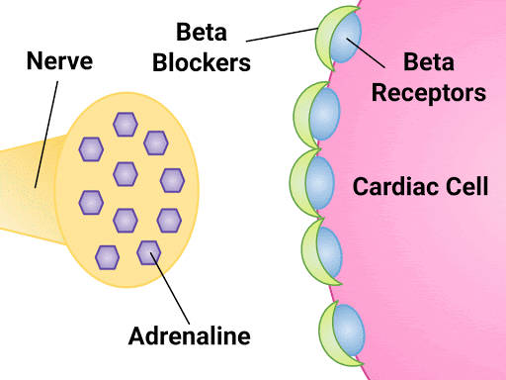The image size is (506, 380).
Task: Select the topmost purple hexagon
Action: click(126, 124)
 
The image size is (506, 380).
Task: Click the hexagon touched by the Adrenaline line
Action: click(148, 252)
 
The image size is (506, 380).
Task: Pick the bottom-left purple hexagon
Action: click(107, 256)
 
